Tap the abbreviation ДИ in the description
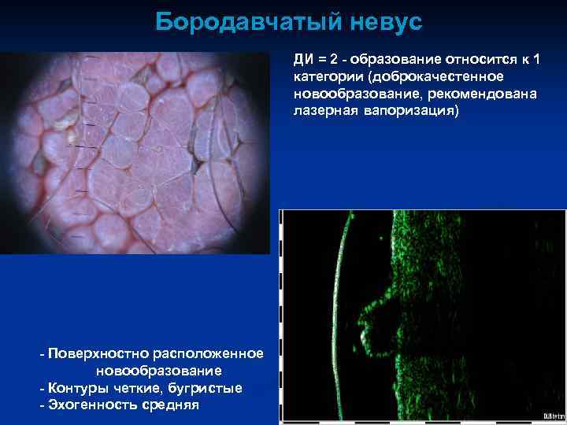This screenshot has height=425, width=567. tap(305, 59)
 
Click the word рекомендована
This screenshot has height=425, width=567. tap(492, 94)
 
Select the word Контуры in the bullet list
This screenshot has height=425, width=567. tap(76, 388)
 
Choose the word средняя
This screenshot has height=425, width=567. tap(171, 405)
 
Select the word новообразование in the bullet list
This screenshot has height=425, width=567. tap(157, 371)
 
